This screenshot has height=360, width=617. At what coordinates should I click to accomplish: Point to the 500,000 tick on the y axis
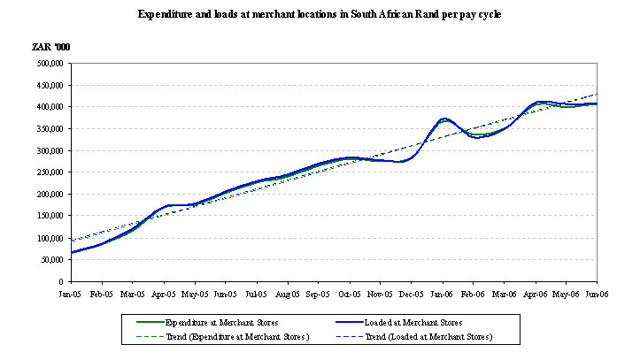[45, 63]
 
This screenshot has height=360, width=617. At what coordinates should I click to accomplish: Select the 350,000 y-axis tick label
[45, 128]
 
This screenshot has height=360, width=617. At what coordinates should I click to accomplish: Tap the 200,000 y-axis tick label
[45, 195]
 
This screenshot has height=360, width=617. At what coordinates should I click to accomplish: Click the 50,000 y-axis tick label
[48, 260]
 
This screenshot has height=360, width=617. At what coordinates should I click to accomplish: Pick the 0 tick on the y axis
[57, 282]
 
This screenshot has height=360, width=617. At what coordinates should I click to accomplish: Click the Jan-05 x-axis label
[70, 292]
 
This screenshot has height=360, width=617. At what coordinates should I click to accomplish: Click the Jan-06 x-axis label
[442, 292]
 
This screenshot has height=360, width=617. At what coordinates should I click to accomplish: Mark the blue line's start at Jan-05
[70, 252]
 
